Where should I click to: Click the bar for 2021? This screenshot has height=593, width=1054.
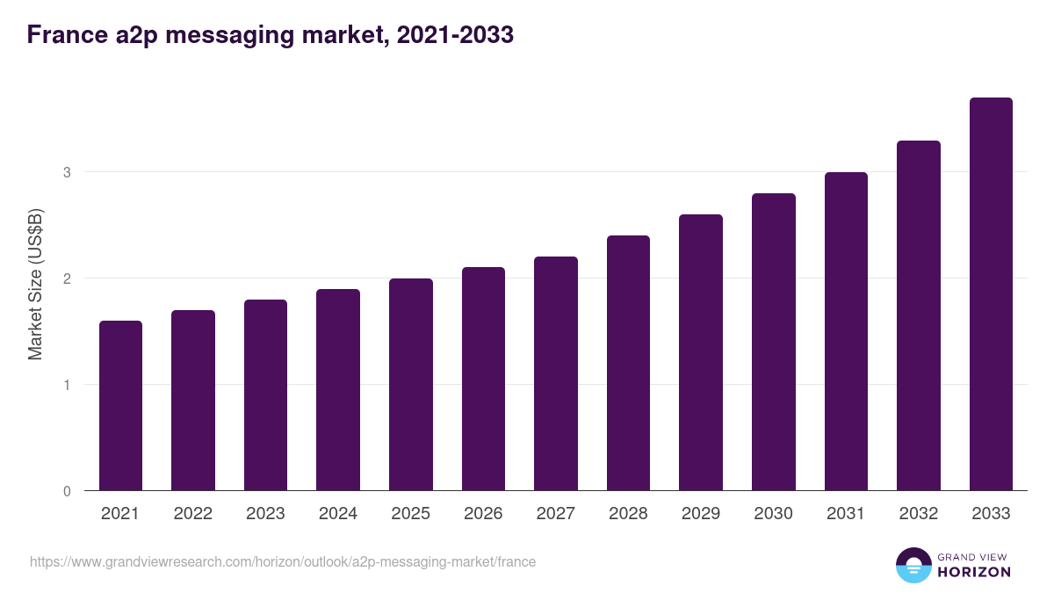[x=120, y=406]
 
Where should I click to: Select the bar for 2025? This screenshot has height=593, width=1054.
[x=411, y=385]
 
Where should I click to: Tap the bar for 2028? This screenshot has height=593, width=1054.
[x=628, y=363]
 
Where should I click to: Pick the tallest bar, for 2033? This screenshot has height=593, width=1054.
[x=991, y=294]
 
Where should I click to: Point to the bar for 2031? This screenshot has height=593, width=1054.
[x=846, y=331]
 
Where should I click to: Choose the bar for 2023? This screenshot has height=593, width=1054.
[x=265, y=395]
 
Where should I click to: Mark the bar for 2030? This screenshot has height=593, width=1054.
[x=774, y=342]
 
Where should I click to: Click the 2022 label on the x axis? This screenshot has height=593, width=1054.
[x=193, y=514]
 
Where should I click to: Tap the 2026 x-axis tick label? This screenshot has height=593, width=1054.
[x=483, y=514]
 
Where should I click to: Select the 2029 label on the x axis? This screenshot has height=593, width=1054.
[x=701, y=514]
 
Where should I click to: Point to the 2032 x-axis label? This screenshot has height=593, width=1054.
[x=919, y=514]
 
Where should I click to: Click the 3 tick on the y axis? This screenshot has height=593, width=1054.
[x=67, y=172]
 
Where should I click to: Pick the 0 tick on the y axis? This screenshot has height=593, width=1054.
[x=67, y=491]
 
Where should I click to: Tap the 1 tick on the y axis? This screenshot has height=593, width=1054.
[x=67, y=385]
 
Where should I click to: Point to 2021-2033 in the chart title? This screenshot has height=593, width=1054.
[x=455, y=35]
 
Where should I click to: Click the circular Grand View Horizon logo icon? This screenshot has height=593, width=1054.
[x=913, y=565]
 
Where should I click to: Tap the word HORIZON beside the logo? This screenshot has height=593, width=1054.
[x=974, y=572]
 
